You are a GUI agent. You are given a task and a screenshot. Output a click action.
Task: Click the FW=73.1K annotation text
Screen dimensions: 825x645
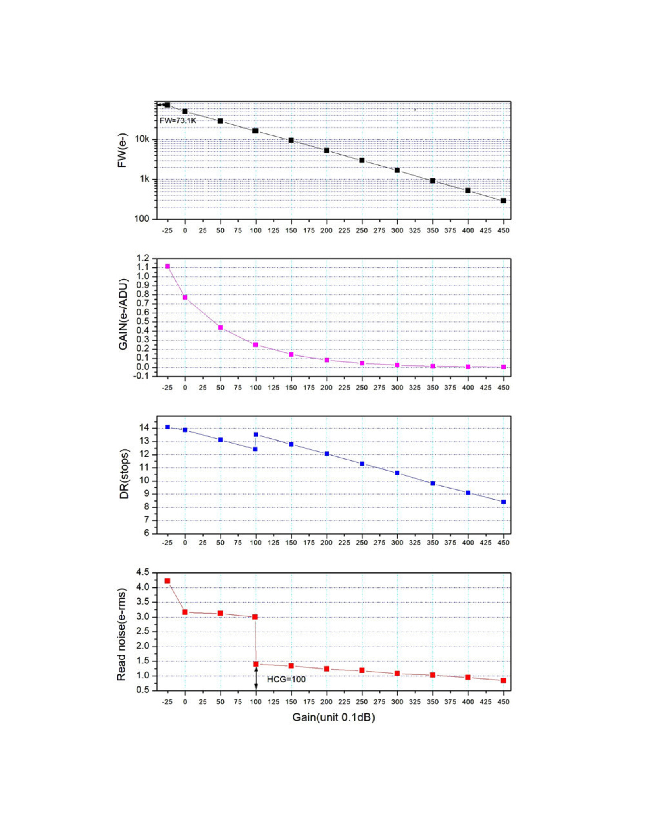(x=178, y=120)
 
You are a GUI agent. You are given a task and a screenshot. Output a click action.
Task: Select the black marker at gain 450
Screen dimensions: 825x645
(x=503, y=201)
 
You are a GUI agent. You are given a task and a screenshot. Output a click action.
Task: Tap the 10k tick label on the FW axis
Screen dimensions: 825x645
(x=142, y=139)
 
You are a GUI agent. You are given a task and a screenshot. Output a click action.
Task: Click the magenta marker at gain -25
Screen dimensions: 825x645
(x=167, y=266)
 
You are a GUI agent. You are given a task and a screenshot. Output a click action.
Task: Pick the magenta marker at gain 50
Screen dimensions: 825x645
(x=221, y=328)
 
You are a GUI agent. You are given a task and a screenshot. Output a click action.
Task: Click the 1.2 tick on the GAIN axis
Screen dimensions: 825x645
(x=143, y=258)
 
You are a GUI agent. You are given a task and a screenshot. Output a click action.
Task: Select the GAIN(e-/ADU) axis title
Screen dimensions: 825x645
(x=123, y=315)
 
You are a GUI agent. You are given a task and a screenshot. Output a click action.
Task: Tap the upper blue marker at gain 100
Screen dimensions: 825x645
(x=256, y=434)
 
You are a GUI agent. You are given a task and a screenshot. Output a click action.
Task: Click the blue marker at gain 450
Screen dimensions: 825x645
(x=503, y=502)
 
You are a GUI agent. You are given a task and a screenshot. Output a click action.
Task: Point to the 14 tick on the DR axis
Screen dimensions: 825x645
(x=144, y=427)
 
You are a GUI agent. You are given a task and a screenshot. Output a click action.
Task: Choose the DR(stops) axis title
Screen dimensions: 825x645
(x=124, y=474)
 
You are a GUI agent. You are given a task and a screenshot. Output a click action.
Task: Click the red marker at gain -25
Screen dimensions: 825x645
(x=167, y=581)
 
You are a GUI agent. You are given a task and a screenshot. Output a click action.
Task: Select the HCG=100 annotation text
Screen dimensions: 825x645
(x=286, y=679)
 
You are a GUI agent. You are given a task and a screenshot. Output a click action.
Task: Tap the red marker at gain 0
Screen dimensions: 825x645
(x=185, y=612)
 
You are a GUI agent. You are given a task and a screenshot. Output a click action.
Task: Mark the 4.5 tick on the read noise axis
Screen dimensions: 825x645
(x=142, y=572)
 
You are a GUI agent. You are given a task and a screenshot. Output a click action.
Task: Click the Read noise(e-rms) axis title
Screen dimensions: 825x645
(x=121, y=634)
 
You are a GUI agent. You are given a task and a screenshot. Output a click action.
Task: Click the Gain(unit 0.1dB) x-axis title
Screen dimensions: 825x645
(x=333, y=717)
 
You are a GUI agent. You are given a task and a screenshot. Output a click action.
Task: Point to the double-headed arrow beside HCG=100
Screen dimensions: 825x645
(x=256, y=678)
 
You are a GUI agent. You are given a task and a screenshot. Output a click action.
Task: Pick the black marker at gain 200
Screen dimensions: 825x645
(x=327, y=151)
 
